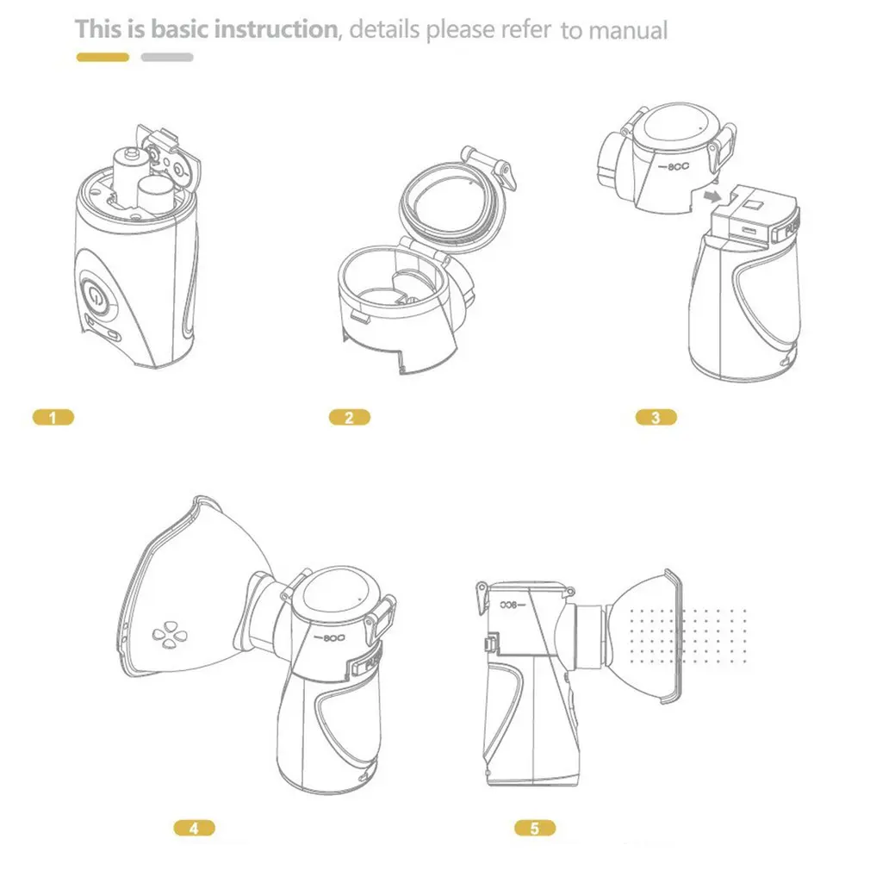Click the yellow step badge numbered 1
(x=53, y=418)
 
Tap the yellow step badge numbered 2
(x=349, y=418)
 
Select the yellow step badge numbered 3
(x=656, y=418)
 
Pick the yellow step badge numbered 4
(x=194, y=829)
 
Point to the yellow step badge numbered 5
(x=536, y=829)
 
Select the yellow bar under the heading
(x=103, y=58)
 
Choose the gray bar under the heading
(x=167, y=58)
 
